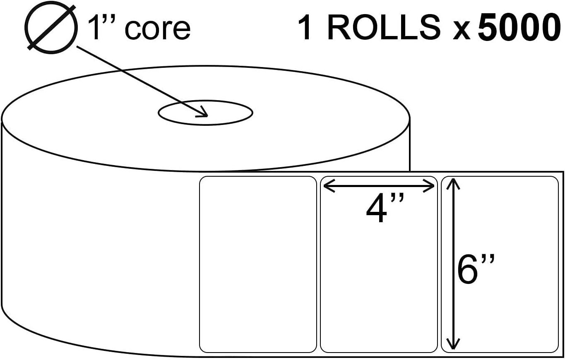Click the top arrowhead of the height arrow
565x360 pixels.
[454, 181]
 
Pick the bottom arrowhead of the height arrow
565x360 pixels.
[454, 347]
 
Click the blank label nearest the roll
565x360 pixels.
[258, 265]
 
